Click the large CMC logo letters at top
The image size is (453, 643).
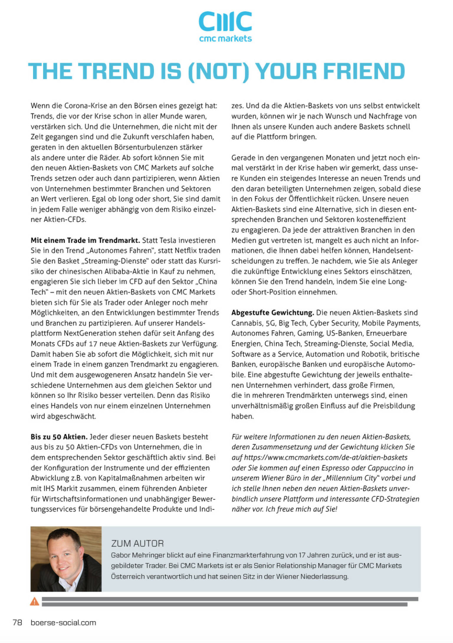(225, 22)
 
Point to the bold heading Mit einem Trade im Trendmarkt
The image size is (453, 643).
(85, 240)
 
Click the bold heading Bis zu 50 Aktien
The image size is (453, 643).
(59, 437)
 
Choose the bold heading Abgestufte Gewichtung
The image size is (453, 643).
(273, 312)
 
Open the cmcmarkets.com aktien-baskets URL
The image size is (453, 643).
(326, 457)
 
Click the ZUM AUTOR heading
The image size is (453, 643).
(137, 544)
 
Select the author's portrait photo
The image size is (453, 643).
(66, 559)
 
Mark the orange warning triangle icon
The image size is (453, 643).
(35, 601)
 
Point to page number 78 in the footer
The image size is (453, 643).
(17, 623)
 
